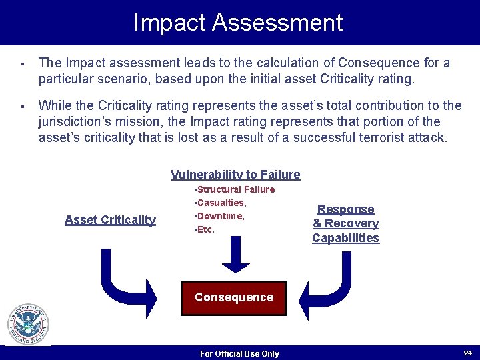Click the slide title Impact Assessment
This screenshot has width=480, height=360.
click(238, 23)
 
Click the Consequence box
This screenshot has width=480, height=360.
click(234, 297)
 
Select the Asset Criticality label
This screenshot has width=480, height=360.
click(110, 220)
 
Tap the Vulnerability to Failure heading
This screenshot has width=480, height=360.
click(235, 175)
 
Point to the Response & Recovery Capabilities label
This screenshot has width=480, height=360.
click(345, 223)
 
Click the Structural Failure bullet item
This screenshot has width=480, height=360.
click(234, 189)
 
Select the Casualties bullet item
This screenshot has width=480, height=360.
click(221, 203)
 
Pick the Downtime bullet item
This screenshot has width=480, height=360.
click(219, 216)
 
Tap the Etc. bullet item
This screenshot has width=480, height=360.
click(204, 229)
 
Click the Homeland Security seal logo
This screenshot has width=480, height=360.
click(28, 325)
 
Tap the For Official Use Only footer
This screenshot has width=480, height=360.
click(239, 354)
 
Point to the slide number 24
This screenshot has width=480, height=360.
click(467, 352)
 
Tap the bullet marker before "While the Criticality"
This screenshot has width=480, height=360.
click(22, 106)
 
